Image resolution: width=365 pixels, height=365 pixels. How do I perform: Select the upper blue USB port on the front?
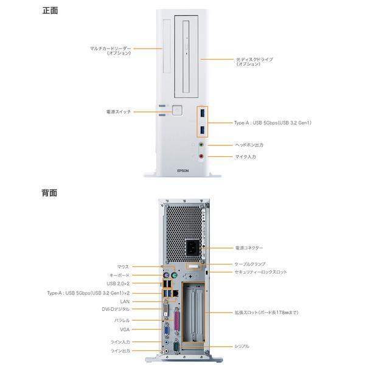point(201,114)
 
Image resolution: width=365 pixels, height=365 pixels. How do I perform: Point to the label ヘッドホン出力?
point(249,145)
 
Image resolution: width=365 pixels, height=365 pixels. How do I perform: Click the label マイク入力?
point(246,156)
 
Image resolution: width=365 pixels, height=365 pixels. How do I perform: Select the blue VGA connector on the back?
point(164,331)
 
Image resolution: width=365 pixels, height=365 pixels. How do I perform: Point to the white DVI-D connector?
point(165,311)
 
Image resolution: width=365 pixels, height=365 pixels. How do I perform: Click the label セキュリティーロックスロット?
point(260,272)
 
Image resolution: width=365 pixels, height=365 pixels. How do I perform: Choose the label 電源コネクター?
point(249,248)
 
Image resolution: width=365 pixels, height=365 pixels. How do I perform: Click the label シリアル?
point(242,346)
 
